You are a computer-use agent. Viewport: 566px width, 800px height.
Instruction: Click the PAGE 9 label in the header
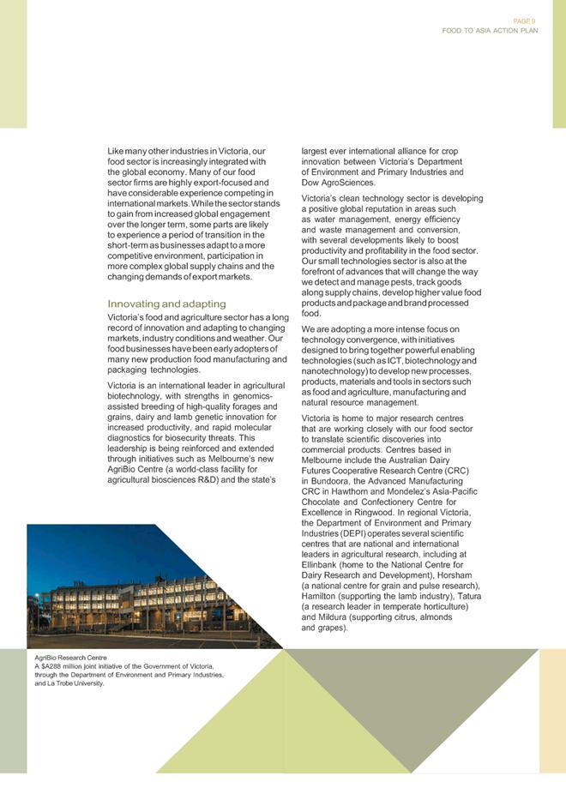pyautogui.click(x=525, y=20)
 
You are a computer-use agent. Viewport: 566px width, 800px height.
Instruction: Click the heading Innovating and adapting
pyautogui.click(x=167, y=304)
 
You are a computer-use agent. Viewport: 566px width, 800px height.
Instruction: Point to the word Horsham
pyautogui.click(x=463, y=575)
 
